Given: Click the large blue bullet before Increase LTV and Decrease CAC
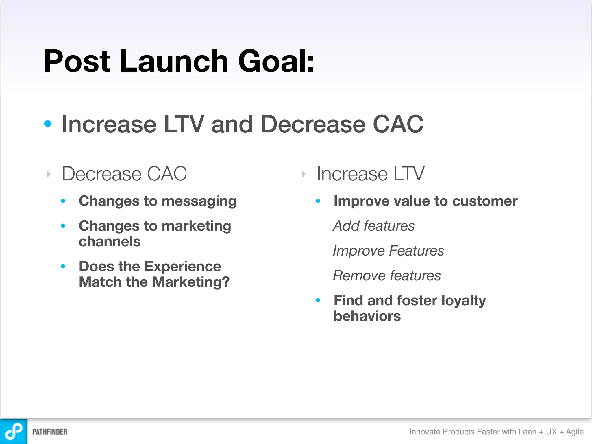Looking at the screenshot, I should tap(48, 124).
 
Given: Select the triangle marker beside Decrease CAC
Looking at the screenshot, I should tap(49, 174).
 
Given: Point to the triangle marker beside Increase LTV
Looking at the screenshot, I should tap(304, 174).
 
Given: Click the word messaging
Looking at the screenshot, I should tap(199, 201).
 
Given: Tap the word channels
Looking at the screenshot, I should tap(110, 242).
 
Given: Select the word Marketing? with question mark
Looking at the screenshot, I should tap(191, 282).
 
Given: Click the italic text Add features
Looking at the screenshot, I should tap(374, 226).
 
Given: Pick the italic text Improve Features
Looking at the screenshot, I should tap(388, 251).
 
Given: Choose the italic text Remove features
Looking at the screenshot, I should tap(387, 276).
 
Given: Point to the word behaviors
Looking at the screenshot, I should tap(367, 316).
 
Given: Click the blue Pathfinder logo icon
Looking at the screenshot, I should tap(14, 431).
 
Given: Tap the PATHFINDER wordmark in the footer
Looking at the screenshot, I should tap(50, 432).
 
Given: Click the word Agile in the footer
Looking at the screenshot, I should tap(574, 432).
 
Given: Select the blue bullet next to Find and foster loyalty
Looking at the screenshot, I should tap(318, 301).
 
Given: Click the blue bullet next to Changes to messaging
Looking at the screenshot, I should tap(63, 201).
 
